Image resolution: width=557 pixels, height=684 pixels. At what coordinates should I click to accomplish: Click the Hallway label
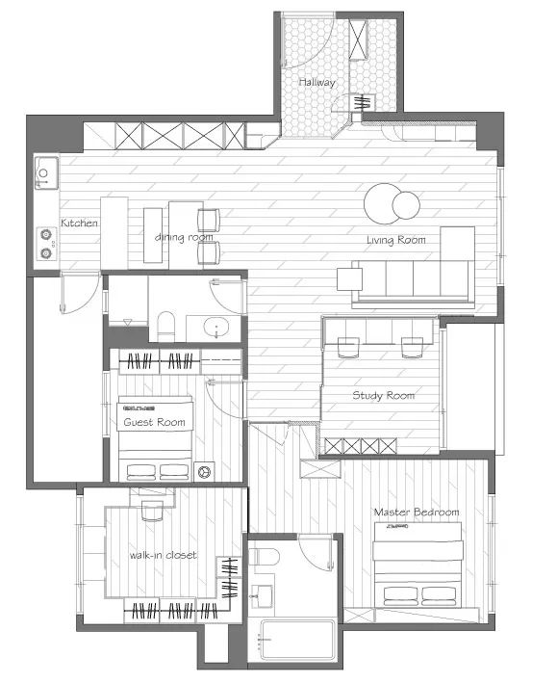(316, 82)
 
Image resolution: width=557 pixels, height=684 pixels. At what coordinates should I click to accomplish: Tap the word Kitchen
(79, 223)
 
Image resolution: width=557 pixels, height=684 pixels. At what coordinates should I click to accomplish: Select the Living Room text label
(396, 240)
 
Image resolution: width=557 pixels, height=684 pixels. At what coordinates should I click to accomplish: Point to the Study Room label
(383, 395)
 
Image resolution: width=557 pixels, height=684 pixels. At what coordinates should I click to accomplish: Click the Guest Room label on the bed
(154, 422)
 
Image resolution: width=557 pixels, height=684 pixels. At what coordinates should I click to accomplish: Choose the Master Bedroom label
(417, 512)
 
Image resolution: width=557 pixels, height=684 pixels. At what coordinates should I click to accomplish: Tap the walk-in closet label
(163, 555)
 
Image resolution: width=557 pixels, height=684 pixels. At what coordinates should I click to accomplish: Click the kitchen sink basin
(46, 173)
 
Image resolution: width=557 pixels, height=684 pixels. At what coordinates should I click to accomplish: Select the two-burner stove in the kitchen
(46, 245)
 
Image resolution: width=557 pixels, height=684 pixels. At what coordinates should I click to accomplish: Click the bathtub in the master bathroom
(297, 640)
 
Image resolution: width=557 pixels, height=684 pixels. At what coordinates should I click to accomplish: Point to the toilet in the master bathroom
(266, 557)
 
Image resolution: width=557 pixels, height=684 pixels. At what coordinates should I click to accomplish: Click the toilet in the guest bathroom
(165, 326)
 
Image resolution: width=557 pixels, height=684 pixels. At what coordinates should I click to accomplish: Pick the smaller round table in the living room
(406, 205)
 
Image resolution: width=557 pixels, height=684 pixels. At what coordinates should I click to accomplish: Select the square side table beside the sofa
(350, 279)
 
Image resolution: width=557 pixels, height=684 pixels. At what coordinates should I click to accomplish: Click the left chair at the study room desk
(348, 347)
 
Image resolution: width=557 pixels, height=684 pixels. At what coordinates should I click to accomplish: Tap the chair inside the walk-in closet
(152, 511)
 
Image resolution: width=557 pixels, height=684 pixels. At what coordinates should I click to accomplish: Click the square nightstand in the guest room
(204, 471)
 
